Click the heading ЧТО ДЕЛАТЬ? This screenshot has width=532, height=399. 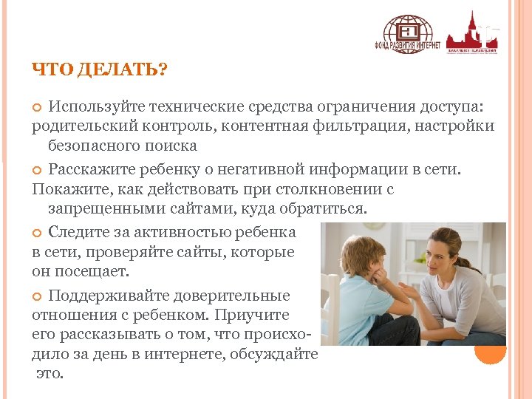[100, 69]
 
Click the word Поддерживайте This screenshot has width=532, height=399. [107, 296]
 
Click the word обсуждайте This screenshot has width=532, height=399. [276, 354]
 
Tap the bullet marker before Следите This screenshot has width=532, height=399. [38, 233]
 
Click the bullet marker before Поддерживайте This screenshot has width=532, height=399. [38, 296]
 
